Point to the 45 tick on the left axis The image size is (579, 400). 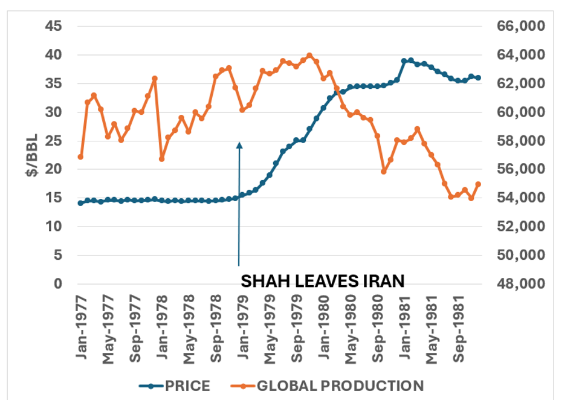(53, 27)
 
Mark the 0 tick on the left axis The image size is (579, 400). (58, 284)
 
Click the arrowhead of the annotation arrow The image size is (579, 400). (239, 144)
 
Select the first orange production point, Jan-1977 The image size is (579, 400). (80, 157)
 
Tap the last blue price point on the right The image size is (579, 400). (478, 78)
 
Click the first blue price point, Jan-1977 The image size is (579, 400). (80, 203)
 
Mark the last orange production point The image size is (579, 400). (478, 184)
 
